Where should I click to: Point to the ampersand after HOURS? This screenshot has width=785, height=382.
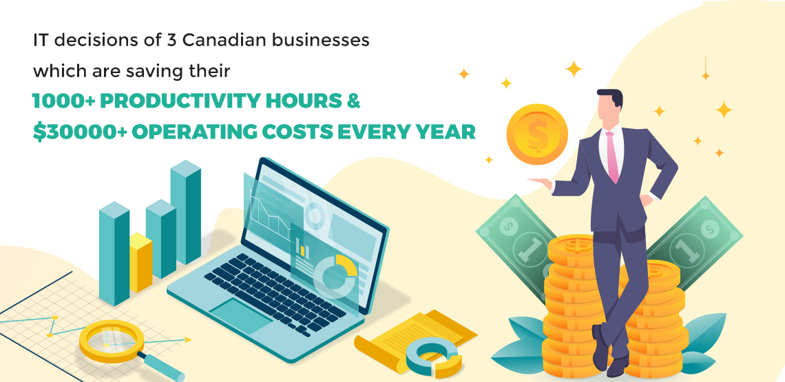tap(353, 101)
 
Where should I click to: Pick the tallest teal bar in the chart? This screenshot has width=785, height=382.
tap(186, 212)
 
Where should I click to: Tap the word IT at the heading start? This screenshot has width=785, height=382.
tap(41, 41)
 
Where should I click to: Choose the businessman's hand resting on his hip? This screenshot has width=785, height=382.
tap(647, 199)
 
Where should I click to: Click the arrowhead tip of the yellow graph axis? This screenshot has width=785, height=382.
tap(191, 340)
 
